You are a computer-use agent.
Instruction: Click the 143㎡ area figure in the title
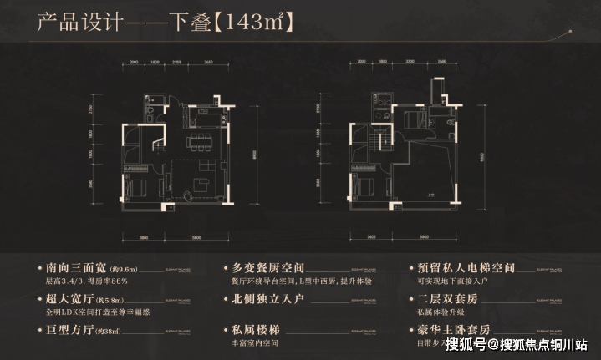(x=255, y=23)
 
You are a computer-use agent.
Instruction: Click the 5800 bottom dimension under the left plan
(x=195, y=236)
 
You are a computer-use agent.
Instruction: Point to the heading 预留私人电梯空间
(x=469, y=269)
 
